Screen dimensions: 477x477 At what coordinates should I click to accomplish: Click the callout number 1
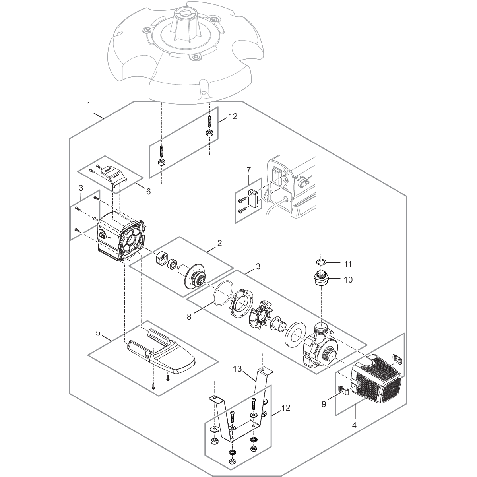pos(89,105)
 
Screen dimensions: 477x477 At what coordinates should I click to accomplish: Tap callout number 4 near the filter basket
pos(354,424)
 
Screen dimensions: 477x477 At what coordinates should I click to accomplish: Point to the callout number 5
pos(98,332)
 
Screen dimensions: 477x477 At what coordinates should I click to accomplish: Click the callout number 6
pos(148,191)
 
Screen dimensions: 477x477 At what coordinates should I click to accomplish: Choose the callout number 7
pos(248,170)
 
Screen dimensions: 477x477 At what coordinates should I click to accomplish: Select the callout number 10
pos(348,279)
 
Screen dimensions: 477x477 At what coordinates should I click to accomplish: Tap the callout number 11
pos(348,264)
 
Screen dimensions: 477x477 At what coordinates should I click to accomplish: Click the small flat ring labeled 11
pos(322,262)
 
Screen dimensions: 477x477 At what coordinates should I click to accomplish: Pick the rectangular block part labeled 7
pos(253,198)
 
